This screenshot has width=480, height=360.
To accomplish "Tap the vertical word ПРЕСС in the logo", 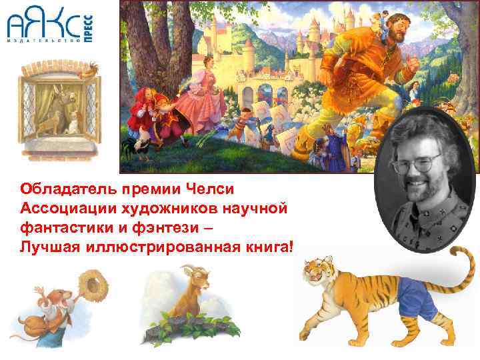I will (89, 29).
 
